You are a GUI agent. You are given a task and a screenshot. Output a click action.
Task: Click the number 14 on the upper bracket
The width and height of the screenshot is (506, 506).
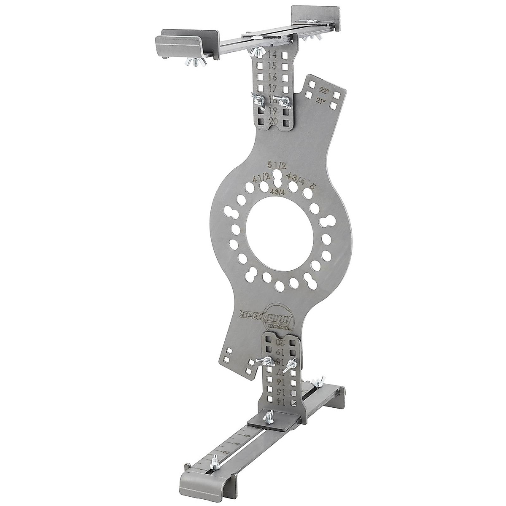click(272, 54)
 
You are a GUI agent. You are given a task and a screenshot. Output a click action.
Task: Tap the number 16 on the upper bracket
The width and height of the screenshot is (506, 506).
click(272, 77)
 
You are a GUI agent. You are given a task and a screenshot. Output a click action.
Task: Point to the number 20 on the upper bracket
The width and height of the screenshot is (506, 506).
click(273, 121)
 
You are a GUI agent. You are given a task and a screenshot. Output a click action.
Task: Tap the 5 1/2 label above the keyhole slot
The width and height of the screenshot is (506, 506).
click(276, 165)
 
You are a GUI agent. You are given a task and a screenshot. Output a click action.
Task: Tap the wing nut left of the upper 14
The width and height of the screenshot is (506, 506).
click(256, 51)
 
